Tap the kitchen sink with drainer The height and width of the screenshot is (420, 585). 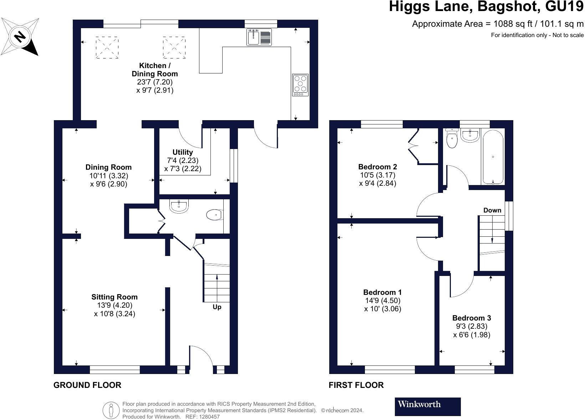[x=259, y=37]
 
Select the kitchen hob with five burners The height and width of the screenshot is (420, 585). [x=300, y=84]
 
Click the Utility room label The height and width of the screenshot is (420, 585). [x=183, y=152]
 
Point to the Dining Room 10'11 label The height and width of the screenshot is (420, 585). [x=108, y=167]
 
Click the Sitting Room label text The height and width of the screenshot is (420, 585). [x=114, y=297]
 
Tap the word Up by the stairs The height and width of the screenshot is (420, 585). [x=217, y=307]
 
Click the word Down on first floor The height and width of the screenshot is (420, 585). [x=492, y=210]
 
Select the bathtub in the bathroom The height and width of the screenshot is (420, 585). [x=493, y=157]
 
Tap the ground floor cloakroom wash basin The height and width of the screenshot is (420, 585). [x=179, y=206]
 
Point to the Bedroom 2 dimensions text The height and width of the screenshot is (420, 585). [x=377, y=179]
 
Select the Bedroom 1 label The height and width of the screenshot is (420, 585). [x=382, y=292]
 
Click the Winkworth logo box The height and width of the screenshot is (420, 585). [x=427, y=406]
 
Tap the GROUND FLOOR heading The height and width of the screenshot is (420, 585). [x=87, y=385]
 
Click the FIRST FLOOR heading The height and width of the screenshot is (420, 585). [x=356, y=385]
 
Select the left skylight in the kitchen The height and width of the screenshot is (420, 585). [x=107, y=47]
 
